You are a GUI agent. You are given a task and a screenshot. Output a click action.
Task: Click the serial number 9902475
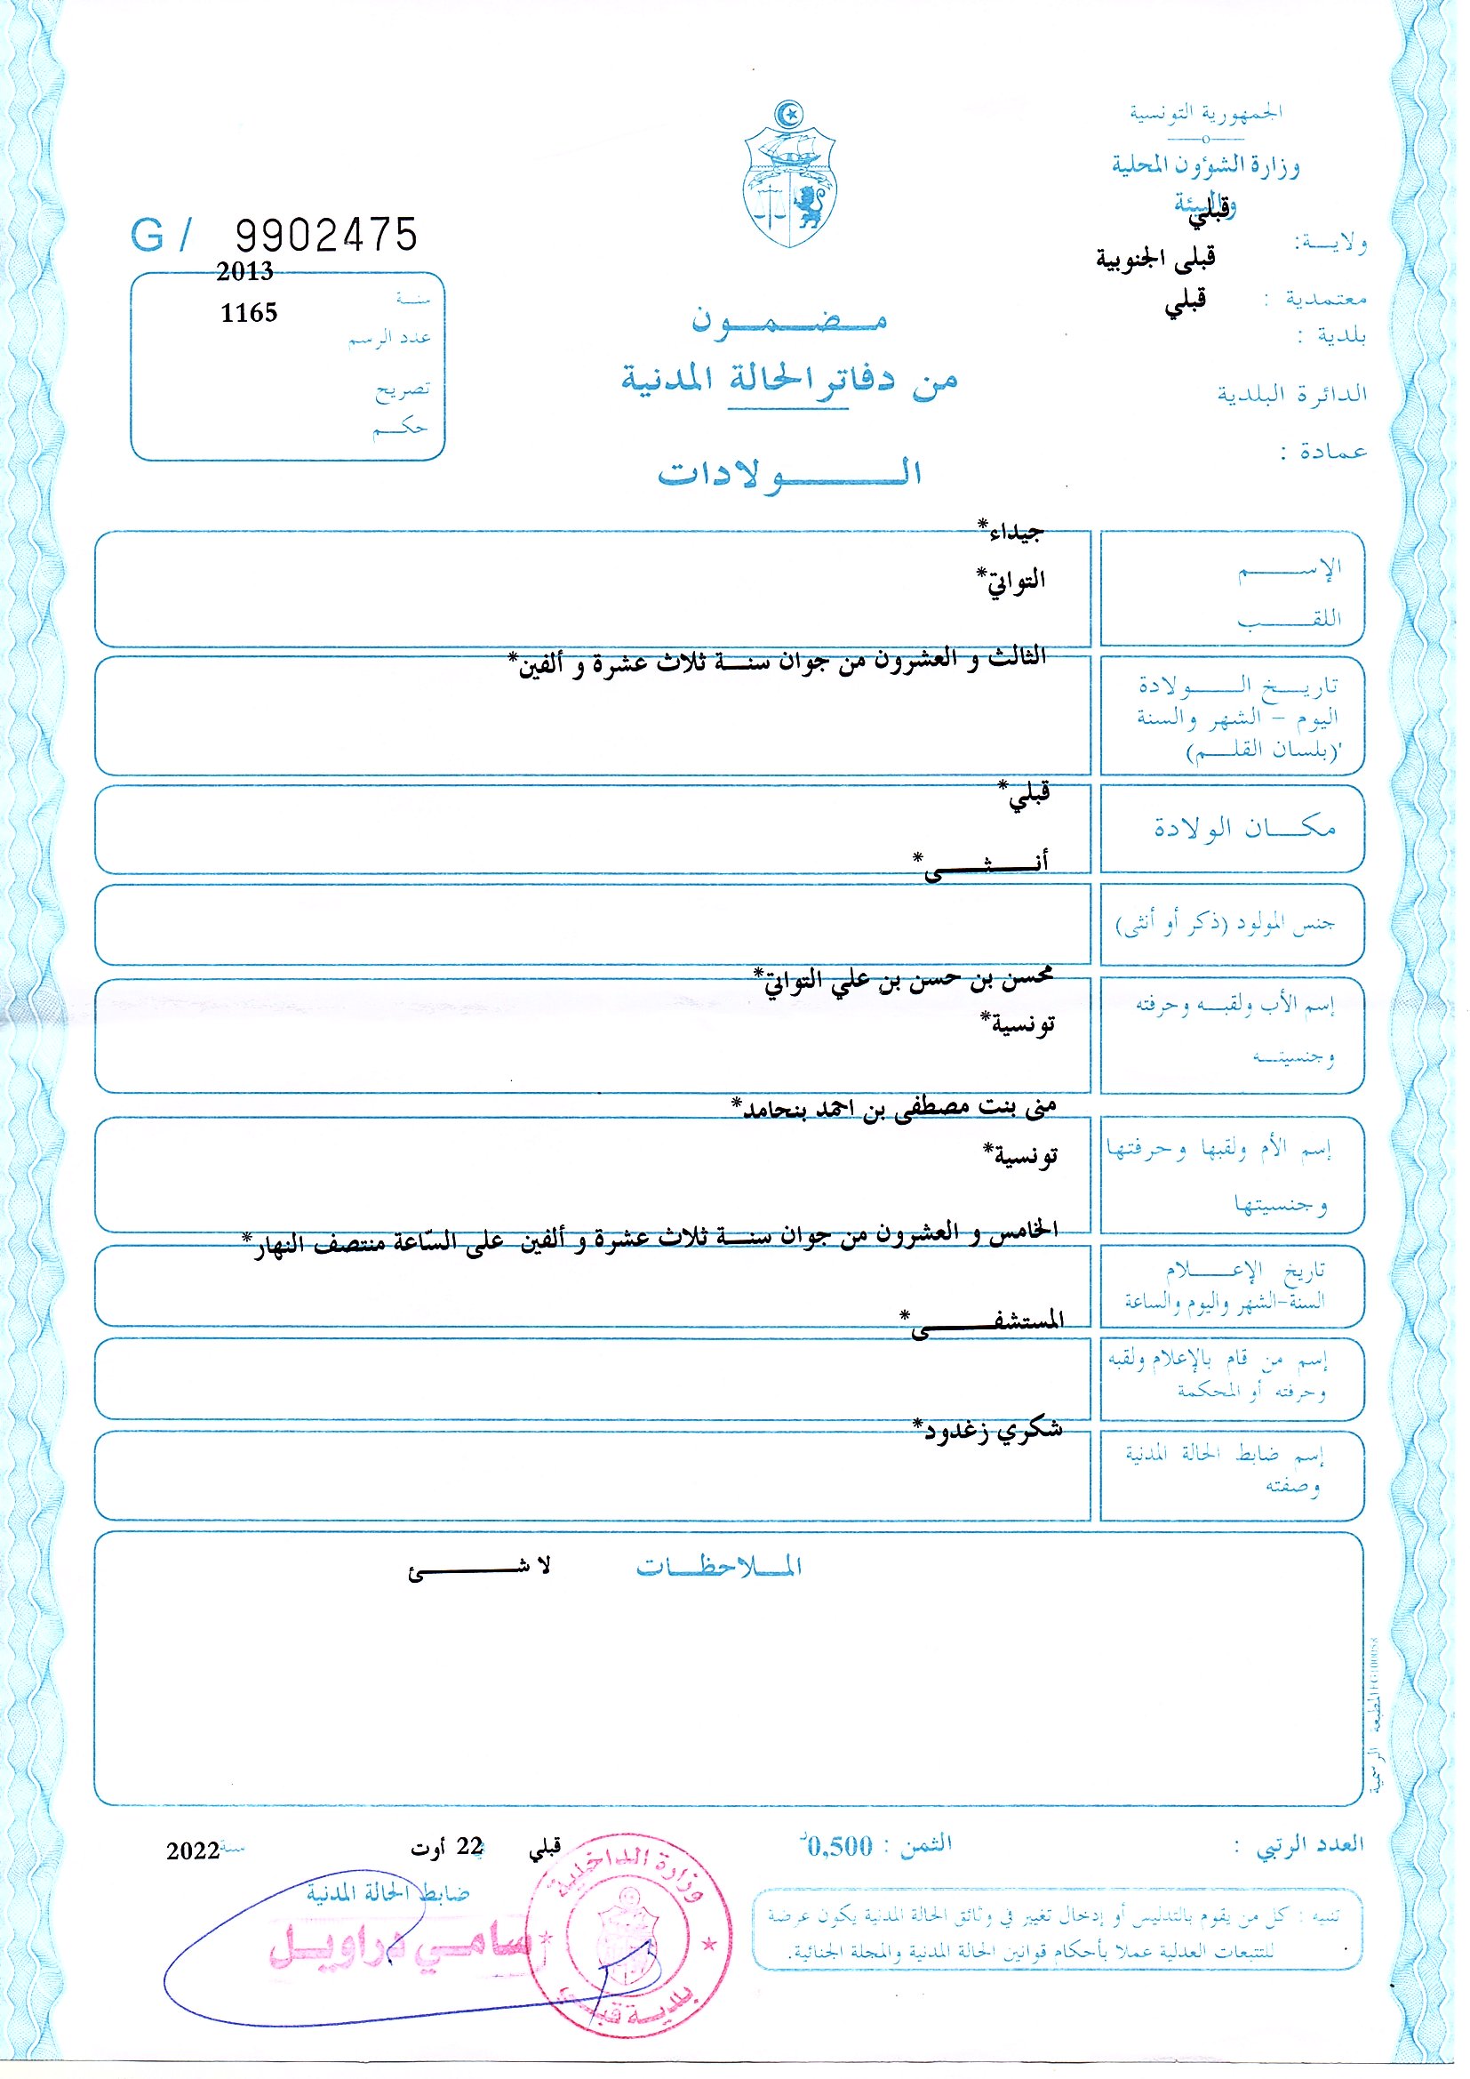click(x=327, y=236)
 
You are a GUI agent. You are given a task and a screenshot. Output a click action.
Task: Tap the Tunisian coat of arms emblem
click(x=788, y=177)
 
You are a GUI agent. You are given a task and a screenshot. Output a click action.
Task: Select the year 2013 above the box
click(x=244, y=271)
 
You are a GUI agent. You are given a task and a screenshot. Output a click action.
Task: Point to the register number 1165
click(x=249, y=313)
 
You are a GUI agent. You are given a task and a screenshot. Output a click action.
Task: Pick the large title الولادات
click(x=788, y=474)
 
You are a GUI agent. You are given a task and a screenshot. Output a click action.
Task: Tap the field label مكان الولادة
click(x=1244, y=828)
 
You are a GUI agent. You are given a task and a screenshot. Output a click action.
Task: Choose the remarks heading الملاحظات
click(x=719, y=1567)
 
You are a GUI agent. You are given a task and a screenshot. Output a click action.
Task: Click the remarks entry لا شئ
click(x=479, y=1568)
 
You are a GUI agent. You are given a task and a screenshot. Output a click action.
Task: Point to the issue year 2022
click(x=193, y=1850)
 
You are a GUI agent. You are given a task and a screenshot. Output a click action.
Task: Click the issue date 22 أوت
click(x=447, y=1847)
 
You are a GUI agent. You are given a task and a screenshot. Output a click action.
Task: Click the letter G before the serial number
click(x=147, y=237)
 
